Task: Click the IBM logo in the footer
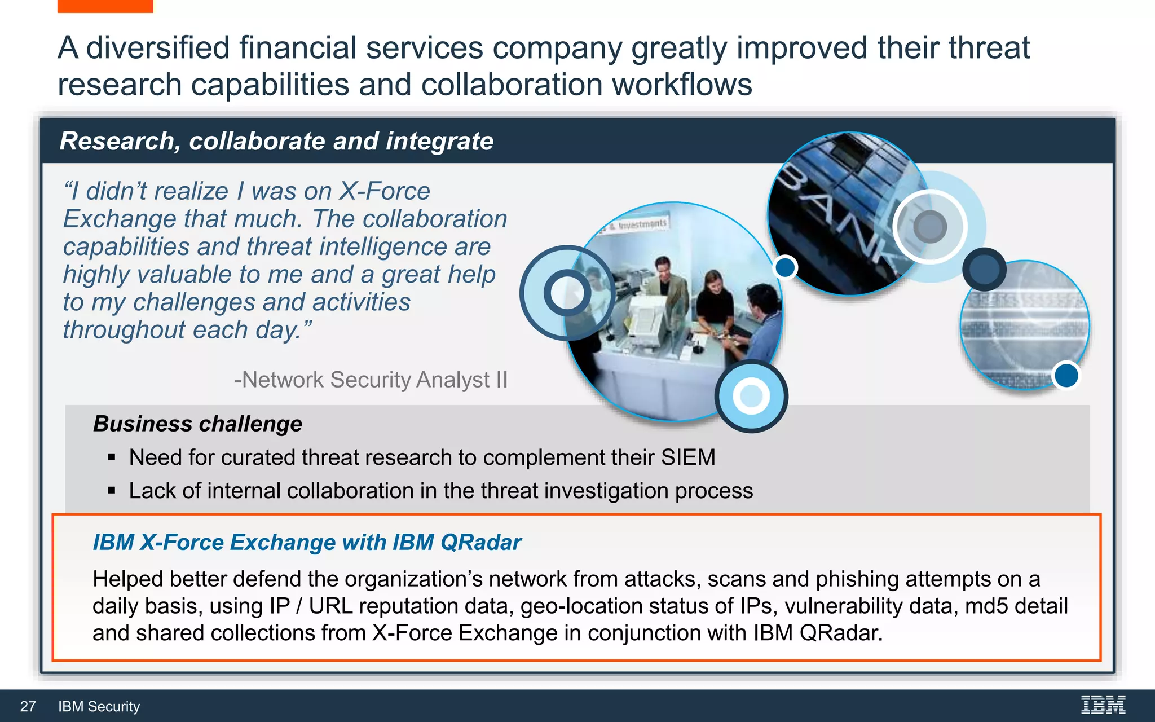1103,705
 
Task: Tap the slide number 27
28,706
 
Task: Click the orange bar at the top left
105,6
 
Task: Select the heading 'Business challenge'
197,424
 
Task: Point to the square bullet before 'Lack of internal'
112,491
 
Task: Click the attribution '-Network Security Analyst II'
371,380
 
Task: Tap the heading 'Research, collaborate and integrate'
276,141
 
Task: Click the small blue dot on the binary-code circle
1066,375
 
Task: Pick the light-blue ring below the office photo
751,396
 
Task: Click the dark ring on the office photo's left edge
567,293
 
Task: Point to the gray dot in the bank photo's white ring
930,227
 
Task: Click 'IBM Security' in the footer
99,706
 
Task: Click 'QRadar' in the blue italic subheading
480,542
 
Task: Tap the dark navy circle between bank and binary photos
984,269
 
